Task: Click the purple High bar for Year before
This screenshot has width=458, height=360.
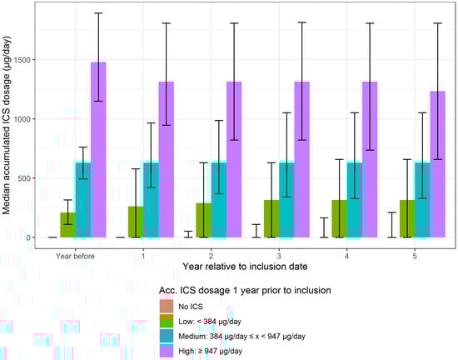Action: tap(98, 150)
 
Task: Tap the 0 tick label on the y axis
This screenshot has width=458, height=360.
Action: tap(32, 237)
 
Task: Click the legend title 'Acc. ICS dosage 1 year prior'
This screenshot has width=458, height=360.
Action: tap(245, 290)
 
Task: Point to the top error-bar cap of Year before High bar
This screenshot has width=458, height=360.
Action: tap(98, 13)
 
